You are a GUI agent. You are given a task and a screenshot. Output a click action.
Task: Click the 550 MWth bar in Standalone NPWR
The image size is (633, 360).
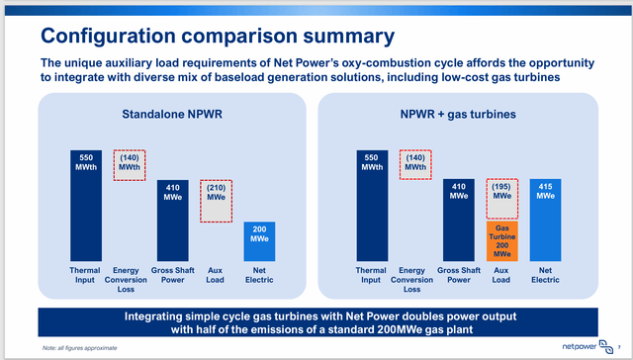86,208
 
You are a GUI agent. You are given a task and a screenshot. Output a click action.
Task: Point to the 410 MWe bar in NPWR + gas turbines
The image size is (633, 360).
458,216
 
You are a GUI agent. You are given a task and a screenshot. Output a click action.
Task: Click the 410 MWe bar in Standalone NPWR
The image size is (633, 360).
172,216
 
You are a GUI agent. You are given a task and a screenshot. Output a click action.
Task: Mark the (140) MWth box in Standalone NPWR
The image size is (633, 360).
130,166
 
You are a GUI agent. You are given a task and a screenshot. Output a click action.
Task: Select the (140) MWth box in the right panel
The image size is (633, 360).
415,166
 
